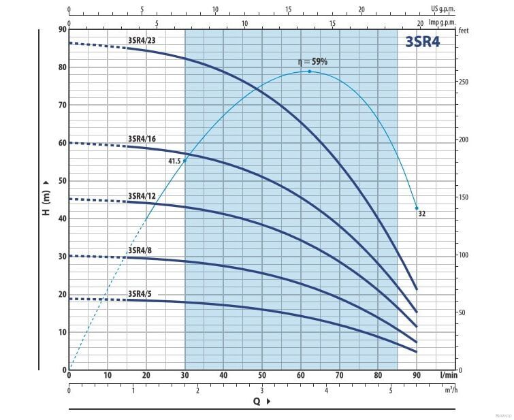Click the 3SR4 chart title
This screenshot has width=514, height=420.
click(422, 41)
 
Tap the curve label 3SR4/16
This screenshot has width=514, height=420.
click(142, 139)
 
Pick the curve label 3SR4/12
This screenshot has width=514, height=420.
click(142, 196)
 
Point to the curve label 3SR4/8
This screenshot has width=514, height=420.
click(140, 250)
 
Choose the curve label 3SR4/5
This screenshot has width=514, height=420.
click(140, 293)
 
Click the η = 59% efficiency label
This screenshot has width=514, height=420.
click(312, 62)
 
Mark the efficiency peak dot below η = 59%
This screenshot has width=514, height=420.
click(309, 71)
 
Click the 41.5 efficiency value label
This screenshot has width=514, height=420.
click(174, 161)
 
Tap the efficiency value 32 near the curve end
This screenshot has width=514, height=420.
click(422, 214)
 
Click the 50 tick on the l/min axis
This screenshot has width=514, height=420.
click(261, 375)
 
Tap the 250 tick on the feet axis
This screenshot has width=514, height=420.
click(464, 82)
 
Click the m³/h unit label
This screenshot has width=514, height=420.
click(451, 390)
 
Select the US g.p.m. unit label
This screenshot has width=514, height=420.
click(443, 9)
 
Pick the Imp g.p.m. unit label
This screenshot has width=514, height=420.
click(442, 21)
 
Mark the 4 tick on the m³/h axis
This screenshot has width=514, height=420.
click(326, 390)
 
